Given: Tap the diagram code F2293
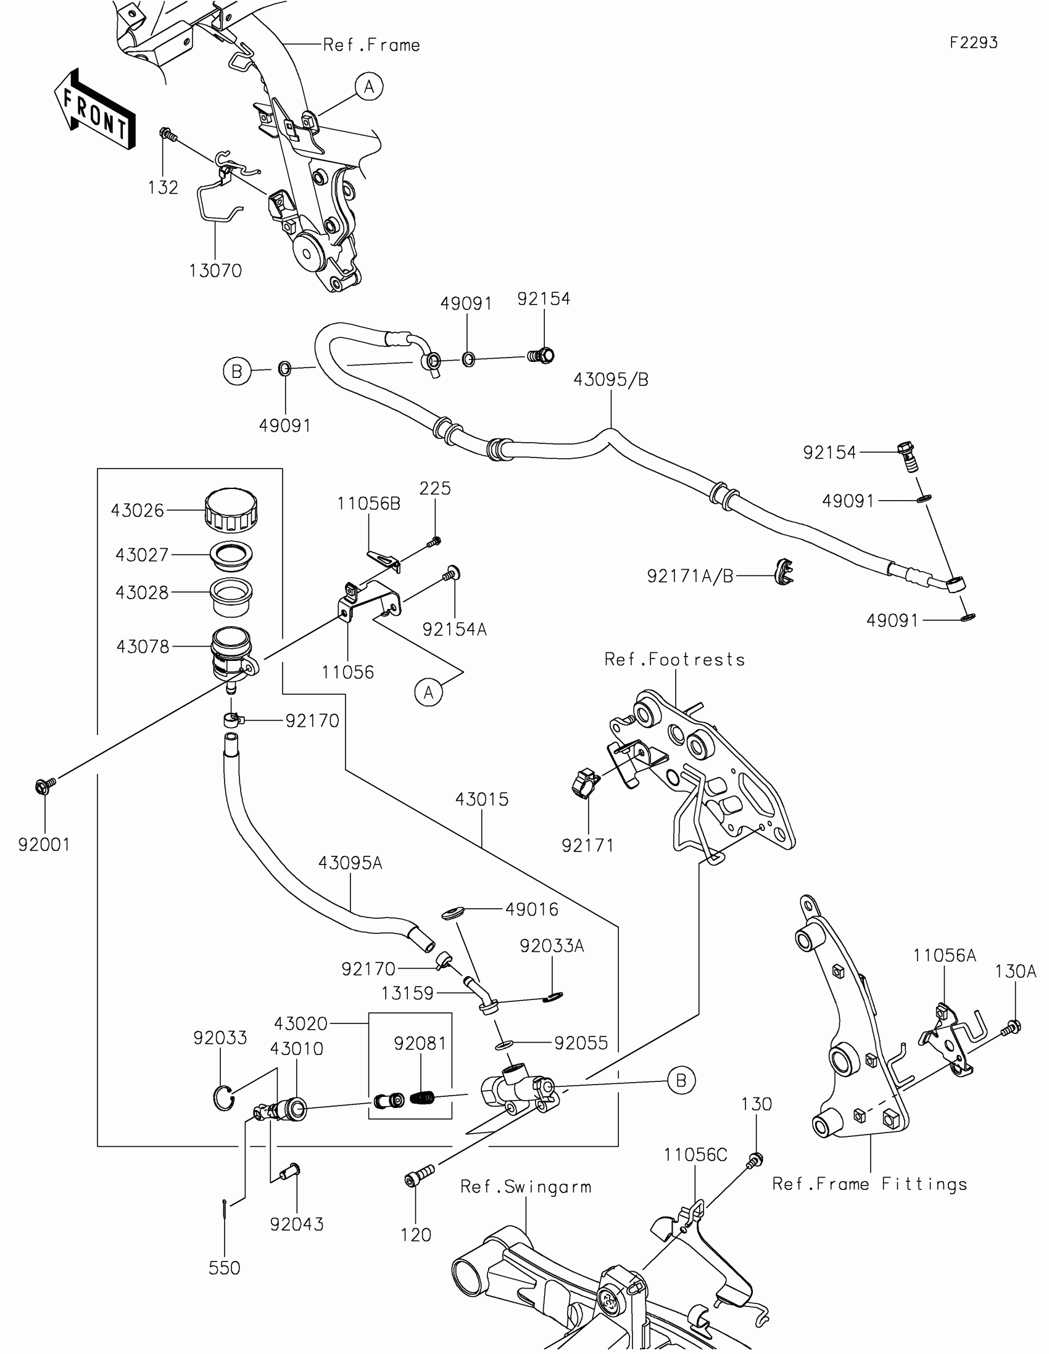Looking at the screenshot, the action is click(973, 43).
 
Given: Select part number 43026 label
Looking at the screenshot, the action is click(137, 511).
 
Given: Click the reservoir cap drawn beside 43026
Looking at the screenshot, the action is click(231, 511).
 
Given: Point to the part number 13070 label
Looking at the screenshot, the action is click(215, 270).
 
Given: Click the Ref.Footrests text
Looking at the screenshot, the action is click(675, 659).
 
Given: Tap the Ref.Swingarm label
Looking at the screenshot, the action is click(526, 1187).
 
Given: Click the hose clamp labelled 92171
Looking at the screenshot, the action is click(584, 783).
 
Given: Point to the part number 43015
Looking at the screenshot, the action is click(482, 799).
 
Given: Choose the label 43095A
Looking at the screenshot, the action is click(350, 863).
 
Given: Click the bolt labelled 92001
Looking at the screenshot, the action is click(45, 786).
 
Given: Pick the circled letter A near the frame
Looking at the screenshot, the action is click(369, 87).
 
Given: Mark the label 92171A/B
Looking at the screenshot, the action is click(690, 576).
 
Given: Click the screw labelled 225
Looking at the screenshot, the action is click(434, 542).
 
